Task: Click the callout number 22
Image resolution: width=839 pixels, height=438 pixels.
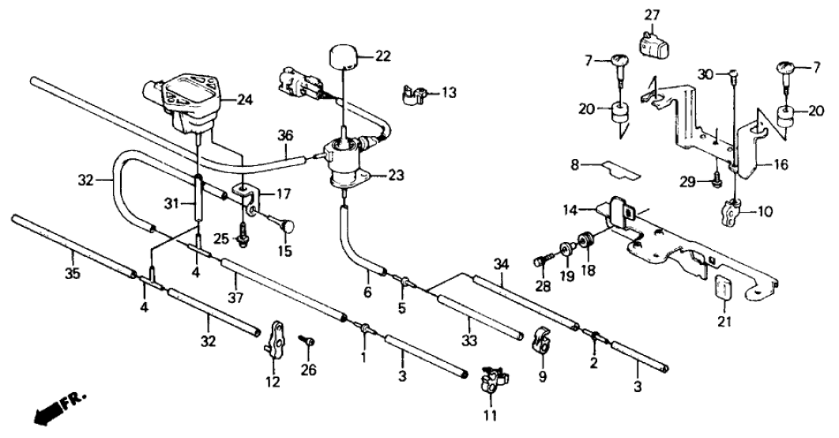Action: (382, 56)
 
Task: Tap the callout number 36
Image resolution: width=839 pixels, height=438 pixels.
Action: (285, 135)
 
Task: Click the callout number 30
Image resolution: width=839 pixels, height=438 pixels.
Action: (706, 74)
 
